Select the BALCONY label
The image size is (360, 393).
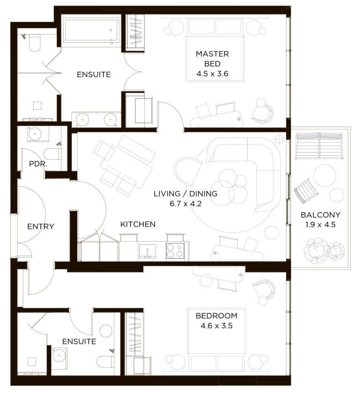tap(321, 215)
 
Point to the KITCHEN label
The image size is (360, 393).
tap(138, 224)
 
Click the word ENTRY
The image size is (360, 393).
tap(40, 227)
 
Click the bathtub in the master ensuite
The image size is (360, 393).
tap(90, 31)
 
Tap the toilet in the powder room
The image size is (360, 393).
tap(52, 153)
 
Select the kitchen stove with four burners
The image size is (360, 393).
tap(175, 251)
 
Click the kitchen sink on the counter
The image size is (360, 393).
tap(148, 251)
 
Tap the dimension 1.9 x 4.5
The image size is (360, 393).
tap(321, 225)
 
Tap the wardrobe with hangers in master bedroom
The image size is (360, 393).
tap(135, 31)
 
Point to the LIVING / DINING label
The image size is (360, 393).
tap(186, 194)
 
